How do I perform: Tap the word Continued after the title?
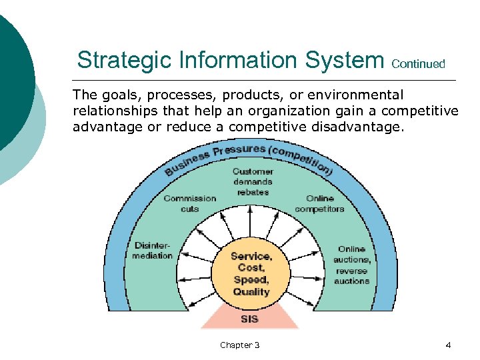(x=419, y=64)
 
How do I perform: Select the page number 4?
(x=448, y=345)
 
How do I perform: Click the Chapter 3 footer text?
(x=240, y=345)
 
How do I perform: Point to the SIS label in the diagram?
(x=250, y=319)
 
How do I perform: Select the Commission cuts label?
(x=190, y=203)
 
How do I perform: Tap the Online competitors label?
(x=319, y=203)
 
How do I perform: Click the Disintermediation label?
(x=153, y=251)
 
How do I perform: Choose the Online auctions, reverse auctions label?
(x=351, y=265)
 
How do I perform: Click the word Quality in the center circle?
(x=251, y=292)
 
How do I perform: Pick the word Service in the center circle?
(x=251, y=256)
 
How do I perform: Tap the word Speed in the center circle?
(x=251, y=280)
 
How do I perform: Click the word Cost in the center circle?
(x=251, y=268)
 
